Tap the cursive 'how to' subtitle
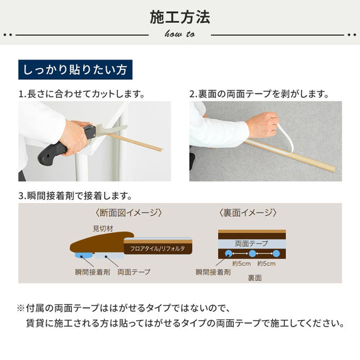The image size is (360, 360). point(179,35)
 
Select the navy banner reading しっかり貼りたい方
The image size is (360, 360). point(75,69)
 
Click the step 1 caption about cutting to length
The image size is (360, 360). point(81,94)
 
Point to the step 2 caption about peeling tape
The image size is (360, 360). point(259,94)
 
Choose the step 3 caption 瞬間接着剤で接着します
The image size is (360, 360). point(75,195)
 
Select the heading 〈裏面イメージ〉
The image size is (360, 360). point(248,213)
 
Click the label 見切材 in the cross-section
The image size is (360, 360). point(103,228)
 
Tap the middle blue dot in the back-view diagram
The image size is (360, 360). point(251,253)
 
